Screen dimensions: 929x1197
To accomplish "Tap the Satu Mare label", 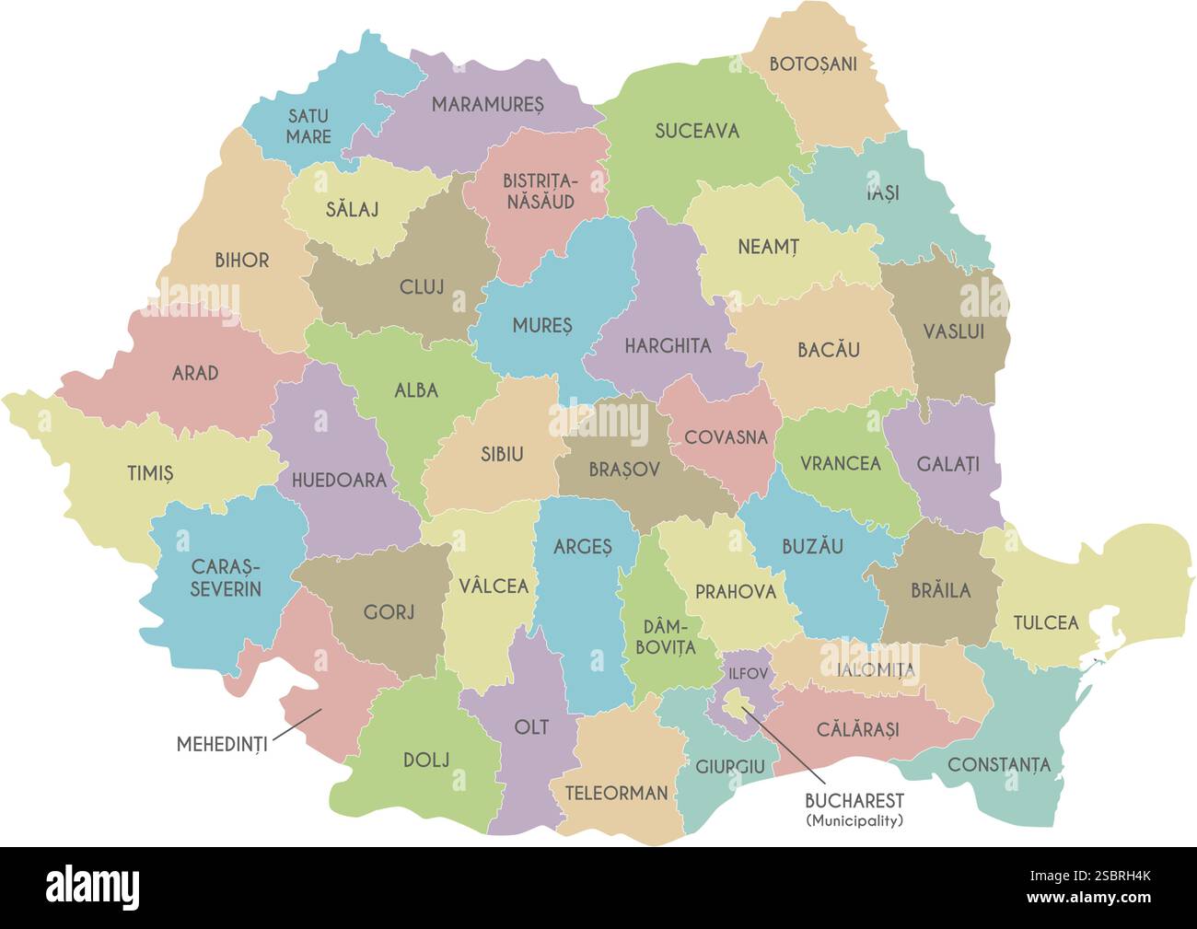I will click(308, 126).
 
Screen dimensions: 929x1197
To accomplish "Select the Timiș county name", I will click(150, 474).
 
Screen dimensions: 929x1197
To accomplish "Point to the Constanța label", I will click(998, 764).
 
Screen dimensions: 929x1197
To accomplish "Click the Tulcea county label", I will click(1045, 623).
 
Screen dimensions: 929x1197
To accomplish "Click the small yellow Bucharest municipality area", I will click(734, 704).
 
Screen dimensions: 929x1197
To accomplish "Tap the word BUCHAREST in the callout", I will click(854, 801).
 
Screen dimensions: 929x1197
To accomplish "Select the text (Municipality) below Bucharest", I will click(854, 820).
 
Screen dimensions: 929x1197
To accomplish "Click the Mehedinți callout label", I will click(222, 744).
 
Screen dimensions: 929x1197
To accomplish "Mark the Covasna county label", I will click(726, 437).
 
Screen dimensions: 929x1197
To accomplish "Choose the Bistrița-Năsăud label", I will click(539, 191).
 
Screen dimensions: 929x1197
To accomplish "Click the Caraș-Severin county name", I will click(226, 577).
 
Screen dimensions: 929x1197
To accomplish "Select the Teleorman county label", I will click(616, 793).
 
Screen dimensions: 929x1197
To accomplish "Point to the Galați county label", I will click(947, 463).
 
